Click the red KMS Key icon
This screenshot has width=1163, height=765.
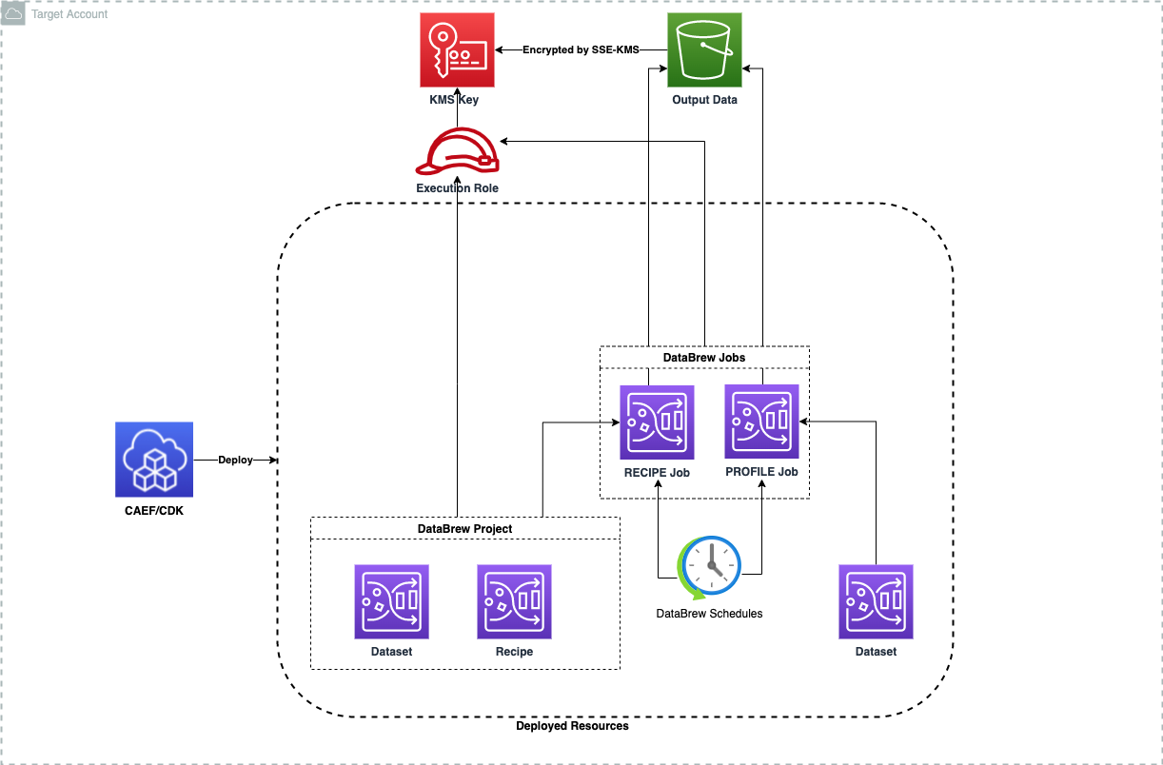point(457,51)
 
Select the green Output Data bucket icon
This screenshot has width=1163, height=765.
point(704,51)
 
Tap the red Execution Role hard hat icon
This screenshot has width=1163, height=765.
point(457,152)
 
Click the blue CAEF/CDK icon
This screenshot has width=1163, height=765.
point(153,460)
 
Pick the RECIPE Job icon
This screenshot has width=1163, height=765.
point(657,422)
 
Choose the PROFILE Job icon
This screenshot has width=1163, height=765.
point(761,422)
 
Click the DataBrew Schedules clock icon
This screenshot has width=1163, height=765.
point(709,568)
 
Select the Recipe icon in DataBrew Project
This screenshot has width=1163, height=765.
point(514,601)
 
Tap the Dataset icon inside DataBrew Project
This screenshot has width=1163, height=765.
point(391,601)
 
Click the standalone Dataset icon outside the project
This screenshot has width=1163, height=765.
point(876,601)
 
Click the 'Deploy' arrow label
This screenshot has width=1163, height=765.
point(235,460)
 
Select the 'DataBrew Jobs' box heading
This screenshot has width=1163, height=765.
point(703,358)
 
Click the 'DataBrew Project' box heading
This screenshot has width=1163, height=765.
point(464,529)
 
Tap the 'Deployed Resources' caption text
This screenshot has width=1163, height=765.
point(572,726)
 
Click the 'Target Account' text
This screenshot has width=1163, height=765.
point(69,14)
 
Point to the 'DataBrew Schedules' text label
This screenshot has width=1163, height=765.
point(709,614)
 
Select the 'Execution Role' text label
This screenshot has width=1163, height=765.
point(457,188)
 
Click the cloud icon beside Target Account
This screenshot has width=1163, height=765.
point(14,14)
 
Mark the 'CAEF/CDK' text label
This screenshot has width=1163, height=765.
point(153,513)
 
